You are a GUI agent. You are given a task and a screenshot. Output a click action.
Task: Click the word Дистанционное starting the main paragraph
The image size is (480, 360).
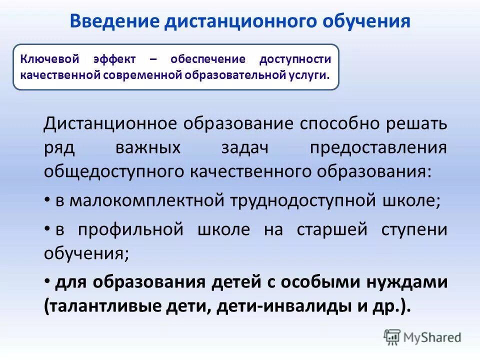click(112, 123)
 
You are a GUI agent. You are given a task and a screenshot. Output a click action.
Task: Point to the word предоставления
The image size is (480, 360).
click(378, 147)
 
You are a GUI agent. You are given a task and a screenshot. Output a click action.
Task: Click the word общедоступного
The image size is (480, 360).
click(114, 171)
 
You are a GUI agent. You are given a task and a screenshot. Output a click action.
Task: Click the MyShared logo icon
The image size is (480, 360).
click(392, 337)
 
